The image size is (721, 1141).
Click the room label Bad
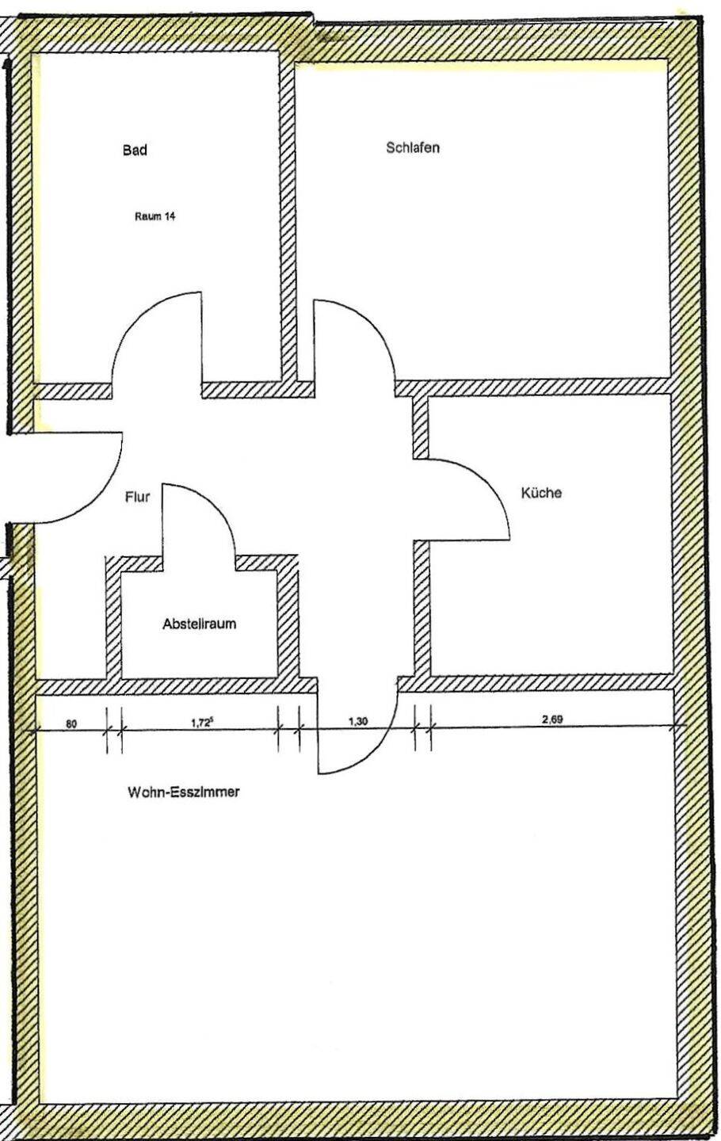click(x=135, y=151)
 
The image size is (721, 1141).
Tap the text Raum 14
click(x=154, y=216)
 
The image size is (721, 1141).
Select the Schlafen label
click(x=413, y=147)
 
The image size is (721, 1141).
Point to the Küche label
click(x=541, y=493)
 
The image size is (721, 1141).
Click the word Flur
click(x=138, y=497)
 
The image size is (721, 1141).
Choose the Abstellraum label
click(x=199, y=624)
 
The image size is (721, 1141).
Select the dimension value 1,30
click(x=357, y=721)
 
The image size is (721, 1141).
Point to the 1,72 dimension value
click(x=200, y=722)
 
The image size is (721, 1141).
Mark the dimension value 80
click(x=71, y=723)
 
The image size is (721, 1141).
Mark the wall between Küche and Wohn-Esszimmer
click(x=535, y=684)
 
